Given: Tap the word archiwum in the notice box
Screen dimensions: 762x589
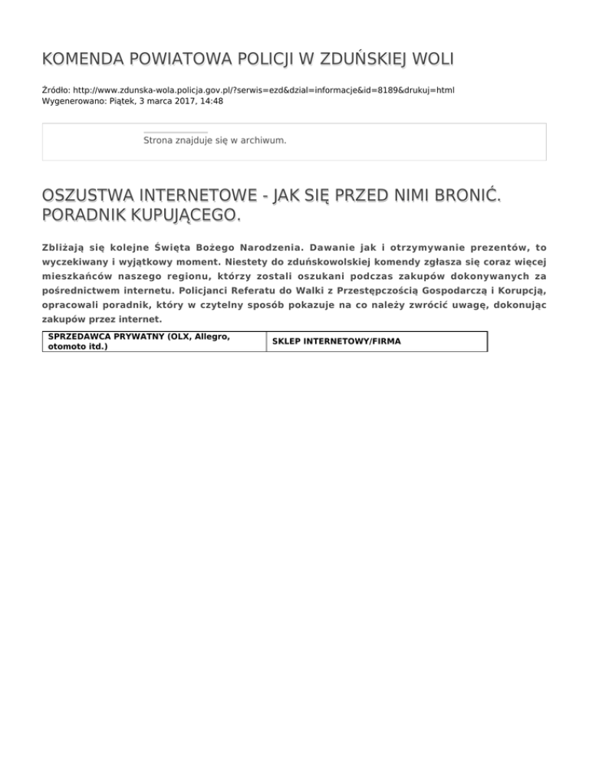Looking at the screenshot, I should coord(263,141).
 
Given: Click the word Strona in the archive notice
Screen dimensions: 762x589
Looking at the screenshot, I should coord(159,141).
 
